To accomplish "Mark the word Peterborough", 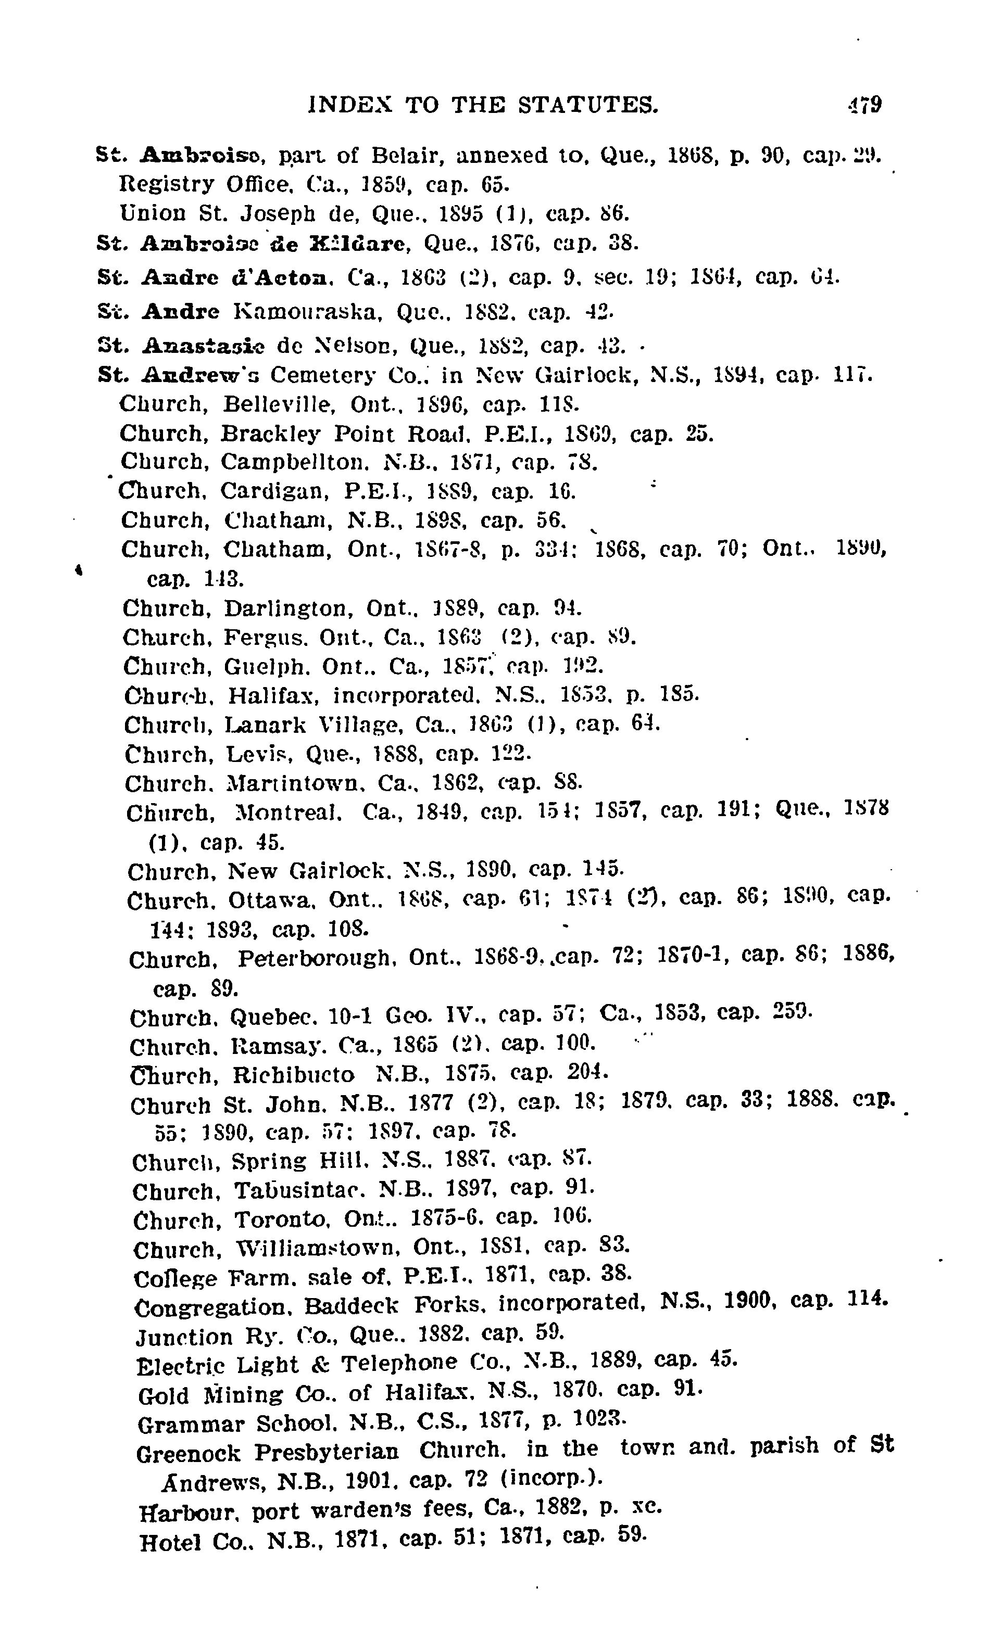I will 314,959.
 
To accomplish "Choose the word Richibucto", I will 293,1075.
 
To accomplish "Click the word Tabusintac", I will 298,1191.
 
